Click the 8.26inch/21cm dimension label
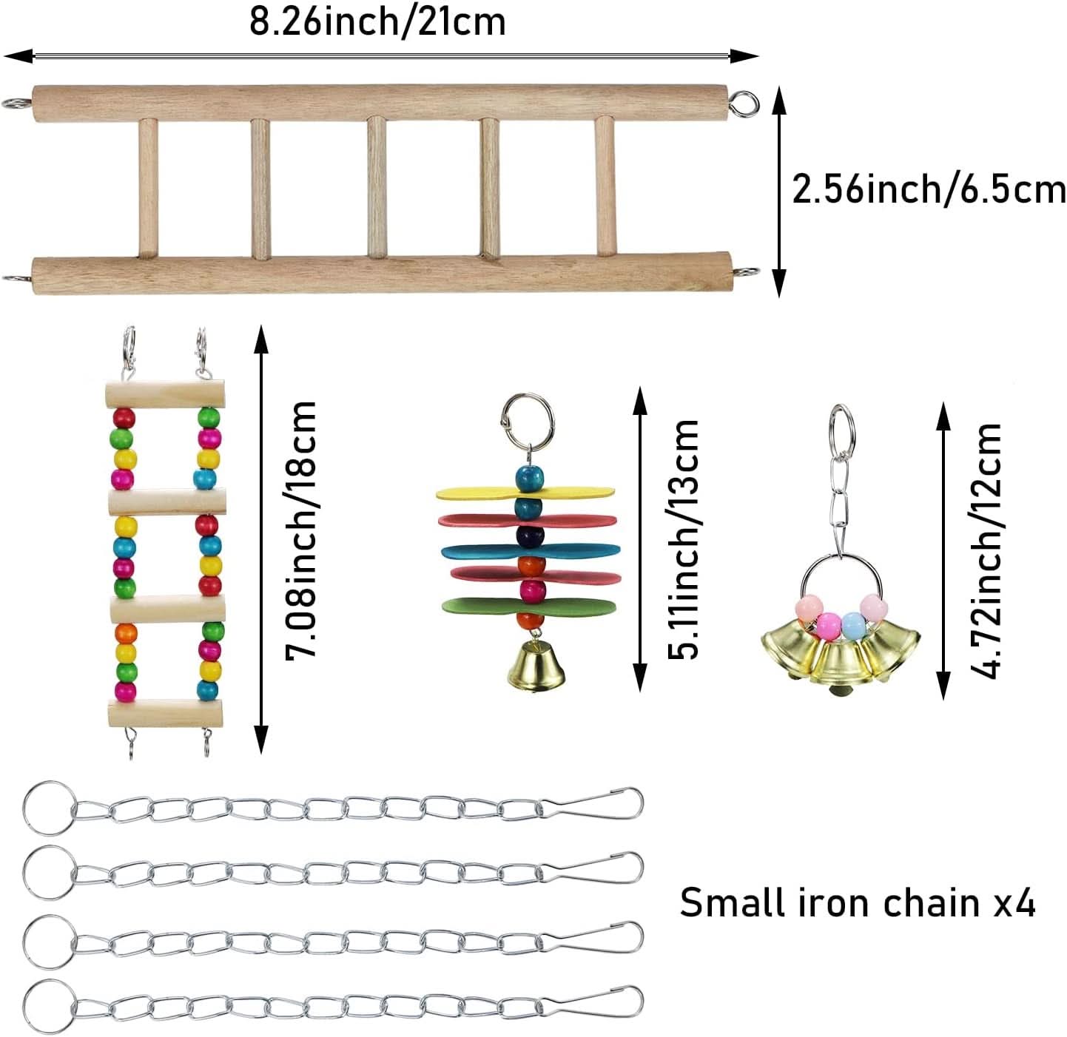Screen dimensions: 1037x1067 click(x=377, y=21)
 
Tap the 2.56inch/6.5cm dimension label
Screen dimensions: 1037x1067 click(x=928, y=189)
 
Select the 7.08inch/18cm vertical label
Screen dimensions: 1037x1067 click(x=301, y=530)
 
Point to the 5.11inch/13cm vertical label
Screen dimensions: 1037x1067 click(x=682, y=538)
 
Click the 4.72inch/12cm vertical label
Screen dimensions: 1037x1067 click(x=987, y=550)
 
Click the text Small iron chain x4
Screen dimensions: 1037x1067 click(x=857, y=903)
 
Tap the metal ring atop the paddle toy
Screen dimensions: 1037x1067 click(x=528, y=418)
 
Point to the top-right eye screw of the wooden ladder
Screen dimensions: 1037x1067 click(x=745, y=102)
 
